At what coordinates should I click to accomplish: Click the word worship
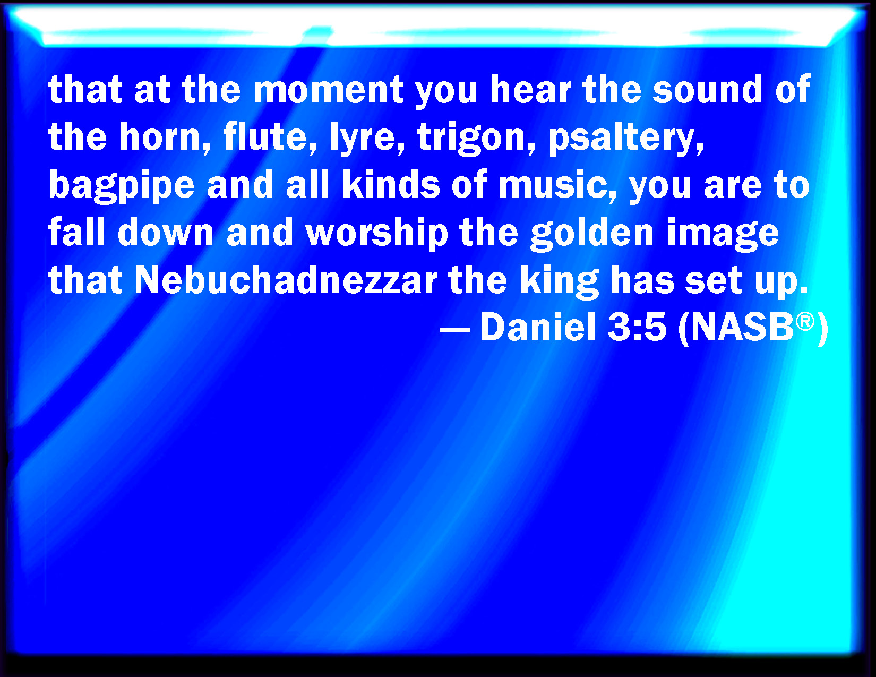[377, 234]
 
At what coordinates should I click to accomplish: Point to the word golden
[592, 234]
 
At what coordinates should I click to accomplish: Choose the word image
[723, 234]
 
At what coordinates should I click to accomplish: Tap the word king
[559, 281]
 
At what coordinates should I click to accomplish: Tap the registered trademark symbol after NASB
[805, 321]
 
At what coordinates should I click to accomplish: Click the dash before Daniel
[454, 329]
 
